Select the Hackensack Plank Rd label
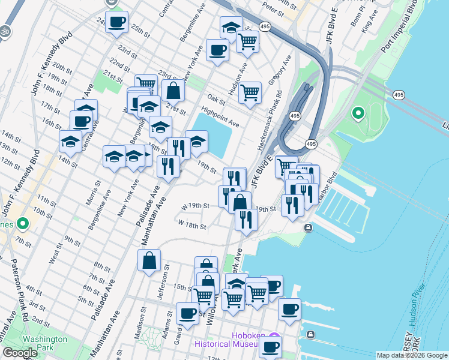point(270,121)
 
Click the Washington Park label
point(37,343)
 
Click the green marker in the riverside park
point(358,112)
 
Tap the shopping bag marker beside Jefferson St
point(149,260)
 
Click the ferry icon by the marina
point(308,227)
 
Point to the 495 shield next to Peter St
point(264,26)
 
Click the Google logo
point(20,353)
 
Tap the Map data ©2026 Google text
point(412,355)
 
